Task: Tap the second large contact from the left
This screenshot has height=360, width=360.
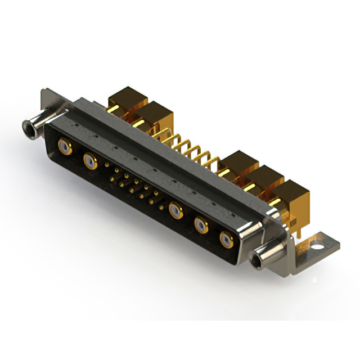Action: [x=89, y=163]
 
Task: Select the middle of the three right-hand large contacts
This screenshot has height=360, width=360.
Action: [x=201, y=226]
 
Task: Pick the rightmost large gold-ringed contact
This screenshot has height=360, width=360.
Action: [x=227, y=240]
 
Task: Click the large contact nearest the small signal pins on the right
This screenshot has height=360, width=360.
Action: [x=176, y=211]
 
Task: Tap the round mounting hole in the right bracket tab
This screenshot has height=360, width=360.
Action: [x=317, y=246]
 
